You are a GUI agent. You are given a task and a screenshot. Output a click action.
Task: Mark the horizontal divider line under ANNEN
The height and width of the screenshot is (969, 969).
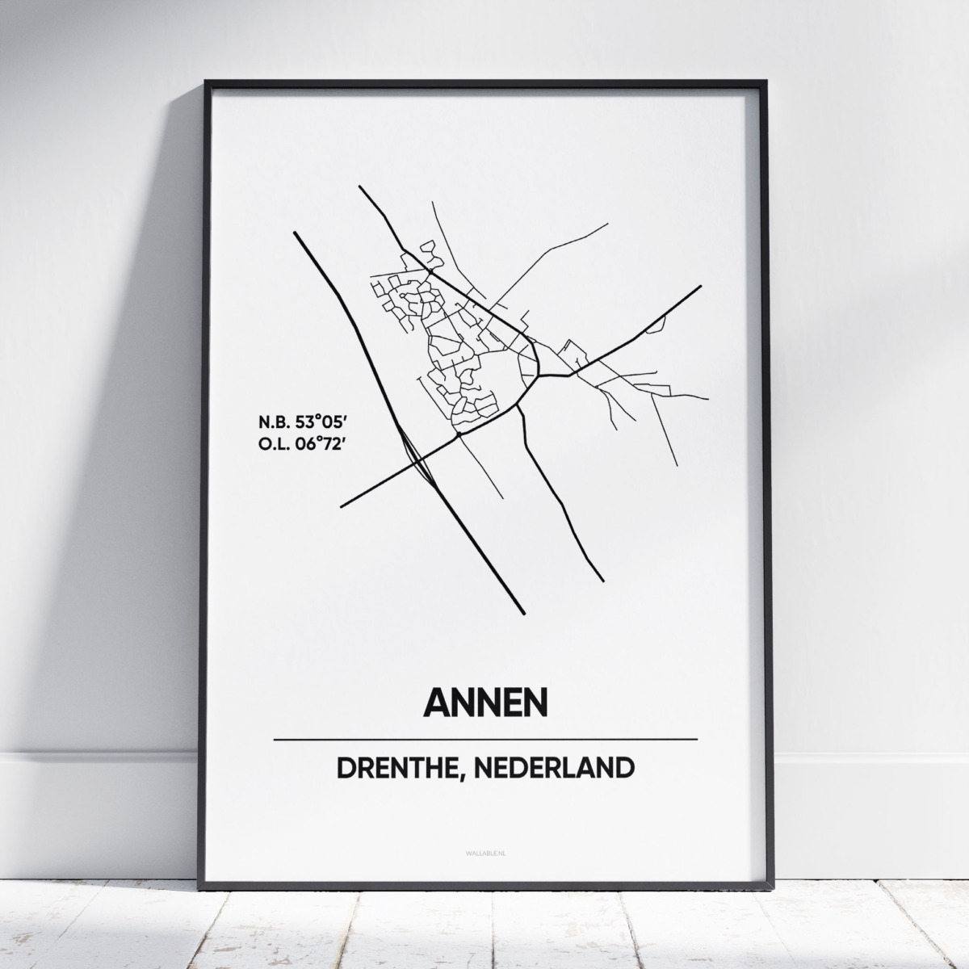pos(484,739)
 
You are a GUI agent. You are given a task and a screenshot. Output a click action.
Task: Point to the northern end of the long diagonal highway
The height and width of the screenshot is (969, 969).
pos(295,233)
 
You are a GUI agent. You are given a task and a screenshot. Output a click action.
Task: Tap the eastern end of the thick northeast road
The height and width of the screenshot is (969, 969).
pos(700,286)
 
